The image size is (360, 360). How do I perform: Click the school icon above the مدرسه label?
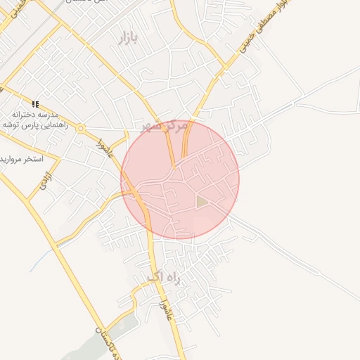click(x=35, y=103)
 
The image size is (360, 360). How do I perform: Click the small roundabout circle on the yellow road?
click(x=82, y=129)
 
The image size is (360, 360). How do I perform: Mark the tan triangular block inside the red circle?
click(x=202, y=202)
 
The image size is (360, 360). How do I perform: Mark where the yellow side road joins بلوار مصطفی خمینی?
click(x=225, y=68)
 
